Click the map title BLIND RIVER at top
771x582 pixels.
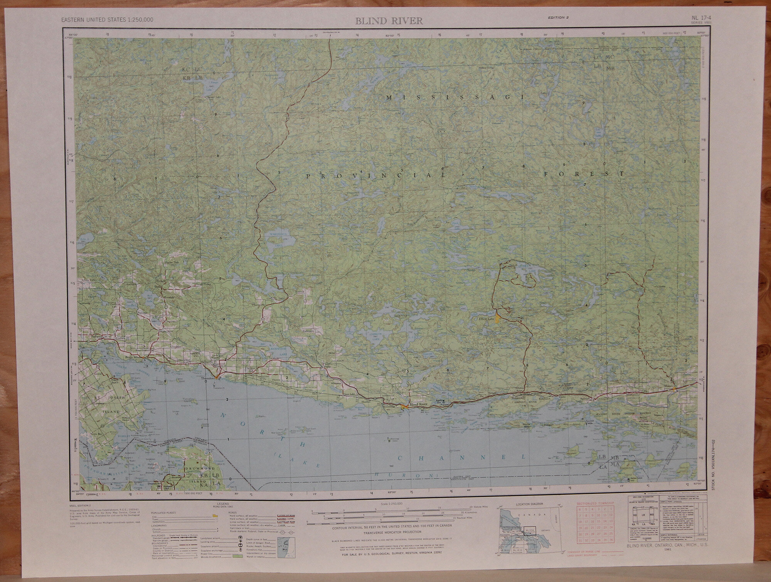pyautogui.click(x=389, y=21)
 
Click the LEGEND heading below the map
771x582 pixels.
pyautogui.click(x=223, y=504)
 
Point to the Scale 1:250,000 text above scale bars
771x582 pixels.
pyautogui.click(x=389, y=504)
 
